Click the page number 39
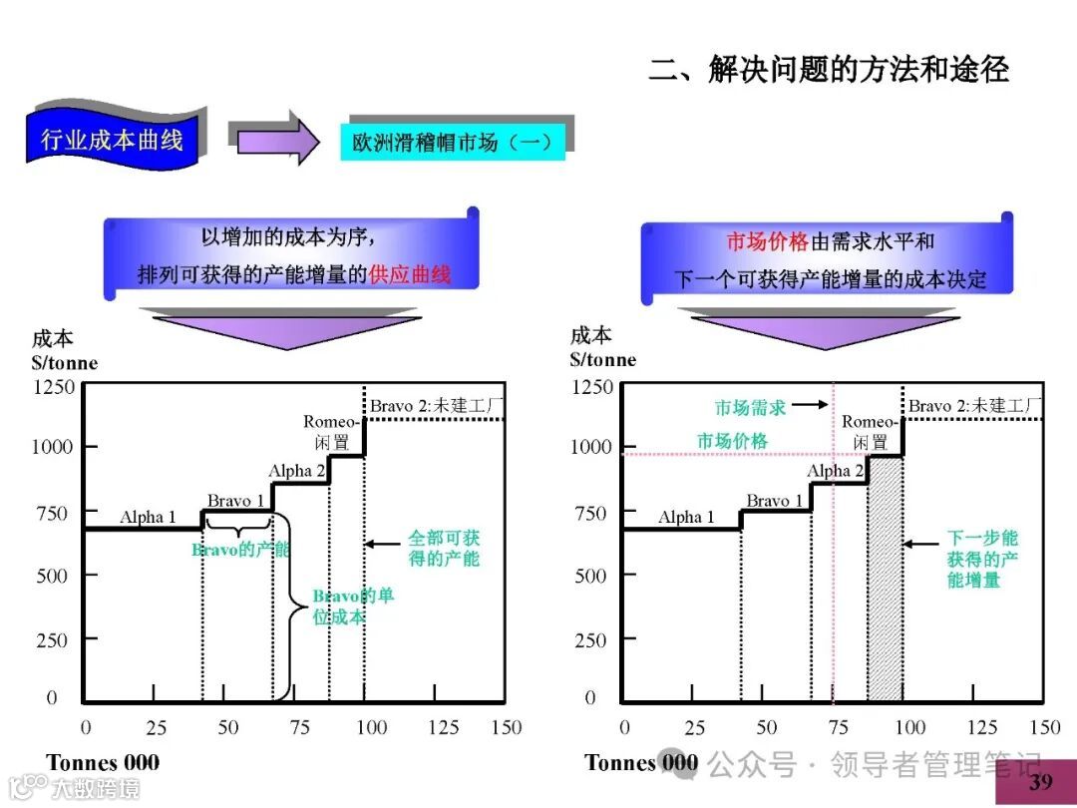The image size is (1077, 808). tap(1041, 781)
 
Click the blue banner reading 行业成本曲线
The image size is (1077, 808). tap(112, 139)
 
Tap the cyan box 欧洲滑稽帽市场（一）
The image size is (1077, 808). tap(453, 142)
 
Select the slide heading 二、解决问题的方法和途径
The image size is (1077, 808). tap(829, 69)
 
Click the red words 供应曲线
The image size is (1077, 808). tap(410, 273)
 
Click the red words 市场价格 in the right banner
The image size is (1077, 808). tap(766, 242)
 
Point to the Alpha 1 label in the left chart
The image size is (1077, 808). tap(148, 517)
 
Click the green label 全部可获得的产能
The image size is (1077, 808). tap(443, 548)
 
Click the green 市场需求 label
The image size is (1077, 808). tap(751, 407)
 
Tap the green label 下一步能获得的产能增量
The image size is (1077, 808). tap(982, 559)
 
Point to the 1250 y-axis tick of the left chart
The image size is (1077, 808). tap(54, 386)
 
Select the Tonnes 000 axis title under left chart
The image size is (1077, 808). tap(103, 763)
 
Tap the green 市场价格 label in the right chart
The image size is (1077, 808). tap(732, 440)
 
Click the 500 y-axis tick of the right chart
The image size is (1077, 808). tap(590, 576)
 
